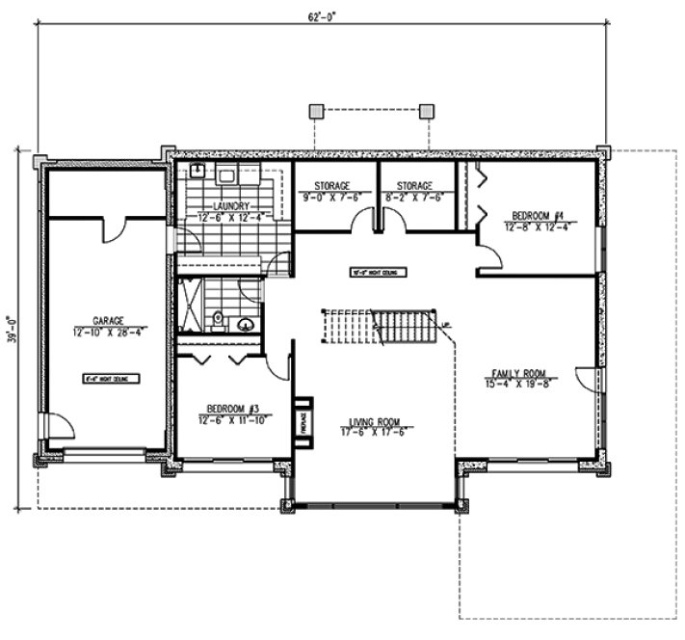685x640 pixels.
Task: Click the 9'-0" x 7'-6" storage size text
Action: point(330,198)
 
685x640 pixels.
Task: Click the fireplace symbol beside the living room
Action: point(302,422)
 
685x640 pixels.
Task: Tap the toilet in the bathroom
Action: point(220,318)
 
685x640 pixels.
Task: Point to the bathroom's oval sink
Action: point(248,325)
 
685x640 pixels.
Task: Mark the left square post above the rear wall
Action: point(315,112)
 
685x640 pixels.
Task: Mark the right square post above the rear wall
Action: point(425,112)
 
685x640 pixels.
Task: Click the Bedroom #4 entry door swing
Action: point(487,254)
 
